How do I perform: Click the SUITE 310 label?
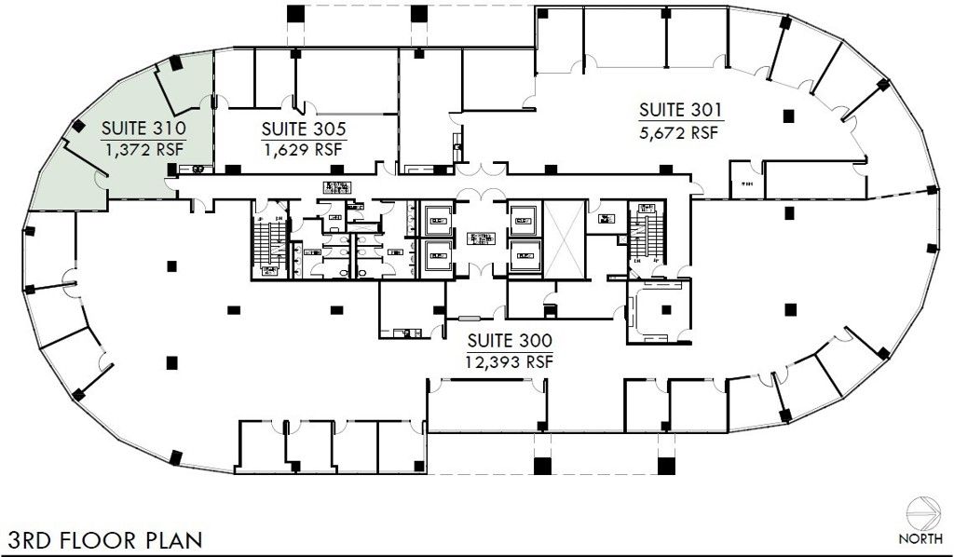[x=144, y=128]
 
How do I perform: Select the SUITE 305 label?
[x=304, y=129]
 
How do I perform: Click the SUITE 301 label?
[x=681, y=112]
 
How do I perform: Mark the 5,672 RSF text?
[x=681, y=132]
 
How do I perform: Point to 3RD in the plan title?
[x=30, y=539]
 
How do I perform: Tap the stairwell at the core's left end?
[x=269, y=245]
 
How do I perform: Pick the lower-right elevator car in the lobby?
[x=524, y=254]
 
